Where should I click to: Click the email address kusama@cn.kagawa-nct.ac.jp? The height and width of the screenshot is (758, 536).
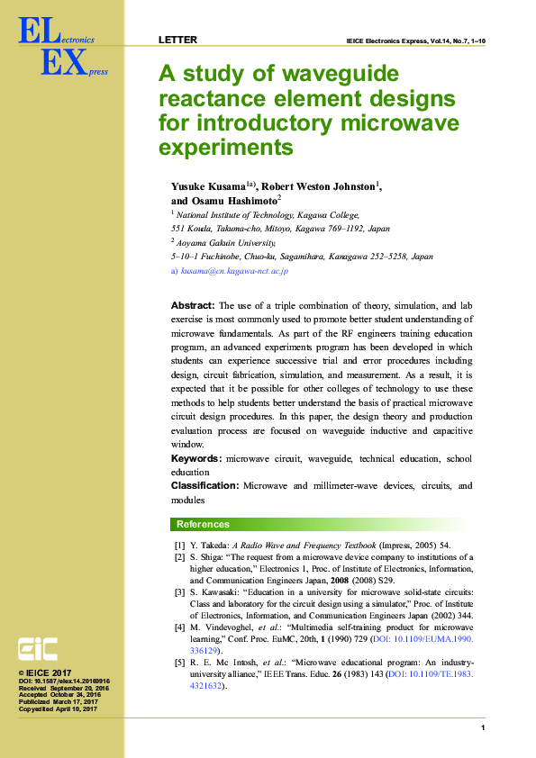(x=233, y=270)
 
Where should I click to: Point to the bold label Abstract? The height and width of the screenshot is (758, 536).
(x=192, y=306)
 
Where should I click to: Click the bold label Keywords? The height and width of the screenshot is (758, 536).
(x=196, y=458)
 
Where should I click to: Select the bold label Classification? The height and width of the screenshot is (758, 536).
(x=204, y=485)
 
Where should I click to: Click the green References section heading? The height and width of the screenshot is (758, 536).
(x=203, y=524)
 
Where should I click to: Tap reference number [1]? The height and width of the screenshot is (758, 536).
(x=179, y=546)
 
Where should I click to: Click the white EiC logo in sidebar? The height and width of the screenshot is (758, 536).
(x=39, y=648)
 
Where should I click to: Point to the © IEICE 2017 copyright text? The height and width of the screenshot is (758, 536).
(x=44, y=672)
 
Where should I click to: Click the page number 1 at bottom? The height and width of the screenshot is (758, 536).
(x=483, y=727)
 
